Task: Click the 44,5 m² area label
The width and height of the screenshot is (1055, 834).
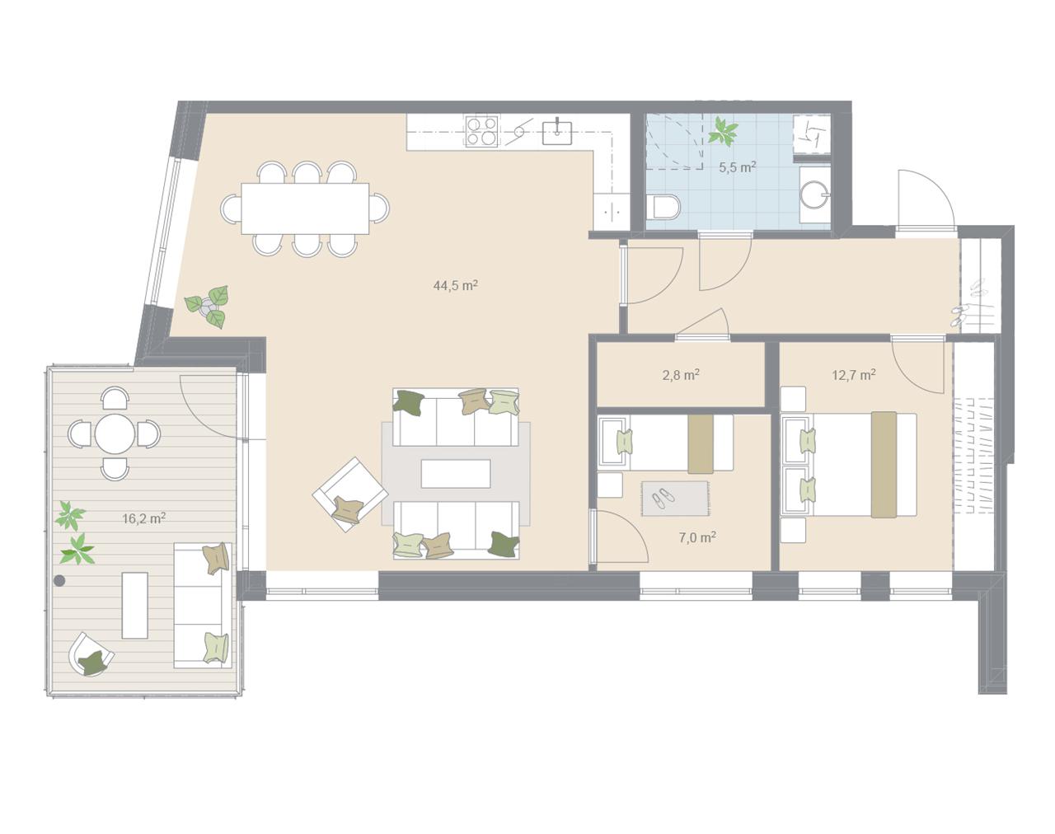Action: click(455, 285)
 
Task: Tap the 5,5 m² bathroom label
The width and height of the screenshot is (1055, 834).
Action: click(737, 167)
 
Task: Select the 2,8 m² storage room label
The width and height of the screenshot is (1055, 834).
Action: click(681, 375)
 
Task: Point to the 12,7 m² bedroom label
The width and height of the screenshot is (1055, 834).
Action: click(854, 375)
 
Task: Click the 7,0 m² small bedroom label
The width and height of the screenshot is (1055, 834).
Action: click(697, 538)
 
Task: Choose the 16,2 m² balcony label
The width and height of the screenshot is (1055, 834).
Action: click(143, 518)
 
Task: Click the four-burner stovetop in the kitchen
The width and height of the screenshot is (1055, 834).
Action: click(481, 131)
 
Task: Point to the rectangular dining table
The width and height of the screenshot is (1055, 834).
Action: click(305, 208)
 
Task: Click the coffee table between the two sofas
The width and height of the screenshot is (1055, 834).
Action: click(456, 474)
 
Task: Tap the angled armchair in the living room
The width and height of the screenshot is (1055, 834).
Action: click(350, 494)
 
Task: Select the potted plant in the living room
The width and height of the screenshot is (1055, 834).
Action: click(208, 307)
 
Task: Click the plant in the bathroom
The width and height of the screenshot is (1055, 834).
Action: click(723, 131)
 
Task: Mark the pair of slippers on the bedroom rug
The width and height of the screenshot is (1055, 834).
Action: click(663, 497)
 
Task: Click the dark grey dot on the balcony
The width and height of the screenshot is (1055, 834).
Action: click(59, 581)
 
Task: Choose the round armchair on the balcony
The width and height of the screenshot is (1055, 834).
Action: click(91, 654)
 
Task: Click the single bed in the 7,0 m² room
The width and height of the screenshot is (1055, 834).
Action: click(666, 443)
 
